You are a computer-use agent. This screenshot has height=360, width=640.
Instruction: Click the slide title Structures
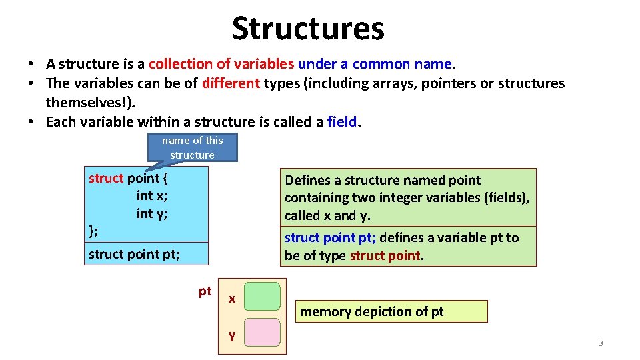[x=308, y=29]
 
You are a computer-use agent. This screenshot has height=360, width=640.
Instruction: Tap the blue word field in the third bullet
[x=343, y=122]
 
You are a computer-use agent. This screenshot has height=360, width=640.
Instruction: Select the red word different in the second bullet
[x=231, y=83]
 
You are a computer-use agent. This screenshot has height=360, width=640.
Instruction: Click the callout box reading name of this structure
[x=192, y=147]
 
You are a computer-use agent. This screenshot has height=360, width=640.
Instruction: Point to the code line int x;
[x=152, y=195]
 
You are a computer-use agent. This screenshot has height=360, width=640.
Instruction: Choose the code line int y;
[x=152, y=213]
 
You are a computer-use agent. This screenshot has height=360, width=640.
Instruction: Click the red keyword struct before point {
[x=106, y=178]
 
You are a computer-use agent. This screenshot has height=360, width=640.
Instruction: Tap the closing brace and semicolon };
[x=94, y=231]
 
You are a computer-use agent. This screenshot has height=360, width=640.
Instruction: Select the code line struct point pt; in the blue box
[x=134, y=254]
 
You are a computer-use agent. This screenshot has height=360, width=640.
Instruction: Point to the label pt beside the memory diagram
[x=205, y=291]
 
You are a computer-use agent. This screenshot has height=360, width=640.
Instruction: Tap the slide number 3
[x=600, y=343]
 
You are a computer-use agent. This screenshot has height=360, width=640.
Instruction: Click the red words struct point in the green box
[x=385, y=255]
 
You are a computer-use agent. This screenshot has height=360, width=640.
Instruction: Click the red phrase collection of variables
[x=221, y=64]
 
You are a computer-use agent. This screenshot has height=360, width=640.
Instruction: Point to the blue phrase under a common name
[x=375, y=64]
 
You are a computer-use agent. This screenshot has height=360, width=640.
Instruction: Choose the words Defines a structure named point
[x=383, y=180]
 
